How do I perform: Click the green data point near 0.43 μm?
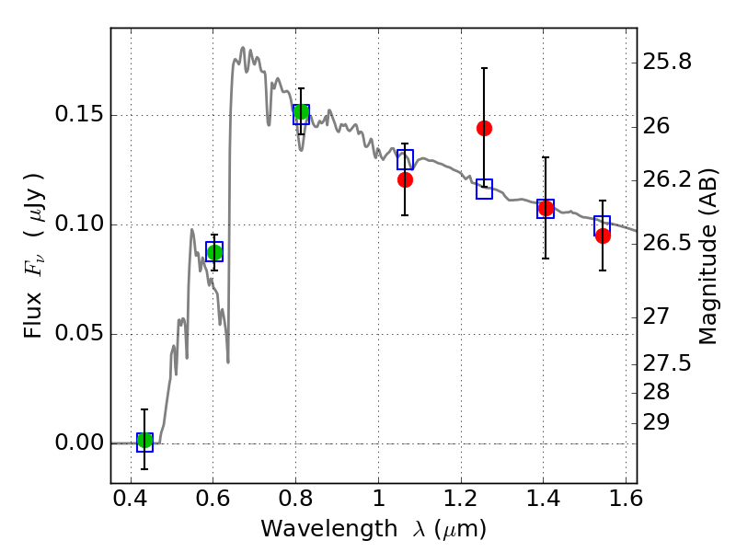tap(144, 441)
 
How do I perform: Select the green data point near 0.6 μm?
tap(214, 252)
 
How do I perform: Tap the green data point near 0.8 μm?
tap(301, 112)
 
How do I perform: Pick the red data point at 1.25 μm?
tap(484, 128)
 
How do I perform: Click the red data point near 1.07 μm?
tap(405, 179)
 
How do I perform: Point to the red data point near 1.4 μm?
tap(546, 208)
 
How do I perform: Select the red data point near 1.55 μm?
tap(603, 236)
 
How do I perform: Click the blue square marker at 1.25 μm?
tap(484, 189)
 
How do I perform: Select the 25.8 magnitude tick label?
tap(669, 63)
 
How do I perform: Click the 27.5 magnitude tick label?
tap(669, 363)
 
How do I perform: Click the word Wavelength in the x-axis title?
tap(314, 529)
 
